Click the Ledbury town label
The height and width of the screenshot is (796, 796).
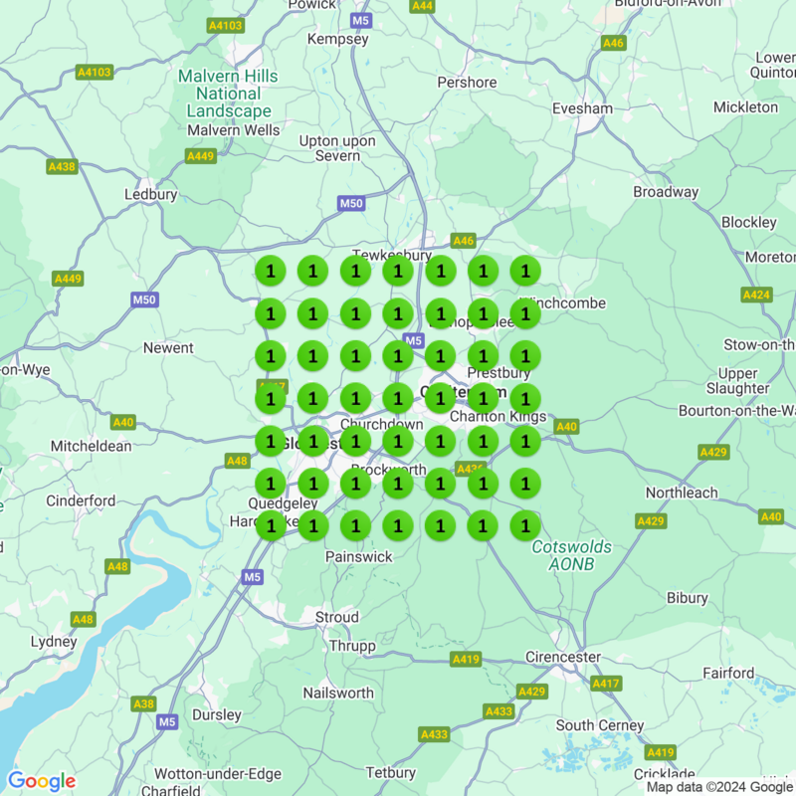[150, 195]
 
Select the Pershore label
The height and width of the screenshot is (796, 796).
[467, 83]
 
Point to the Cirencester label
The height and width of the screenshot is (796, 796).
[563, 657]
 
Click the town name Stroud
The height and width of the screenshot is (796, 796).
[336, 618]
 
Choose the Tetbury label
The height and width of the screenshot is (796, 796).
[391, 773]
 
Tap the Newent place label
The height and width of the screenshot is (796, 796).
[168, 348]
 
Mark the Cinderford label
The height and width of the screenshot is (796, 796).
[81, 500]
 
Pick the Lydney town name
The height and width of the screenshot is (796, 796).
[53, 642]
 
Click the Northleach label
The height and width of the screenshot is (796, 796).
[682, 494]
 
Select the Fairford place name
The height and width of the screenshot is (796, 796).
[728, 674]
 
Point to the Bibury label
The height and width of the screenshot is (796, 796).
[688, 599]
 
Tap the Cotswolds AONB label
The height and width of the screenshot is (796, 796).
[572, 555]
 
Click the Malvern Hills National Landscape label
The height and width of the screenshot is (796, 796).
[228, 95]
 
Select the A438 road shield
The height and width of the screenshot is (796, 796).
[62, 166]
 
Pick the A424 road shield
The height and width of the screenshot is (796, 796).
[756, 295]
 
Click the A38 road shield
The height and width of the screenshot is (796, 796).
[144, 704]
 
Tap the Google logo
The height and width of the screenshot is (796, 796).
[42, 781]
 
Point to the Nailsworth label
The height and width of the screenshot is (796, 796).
[338, 693]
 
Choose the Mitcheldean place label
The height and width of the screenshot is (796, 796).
[92, 447]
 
